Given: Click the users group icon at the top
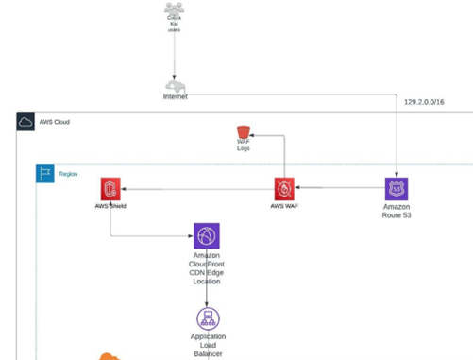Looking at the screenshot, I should point(174,10).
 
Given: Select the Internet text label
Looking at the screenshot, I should point(174,96).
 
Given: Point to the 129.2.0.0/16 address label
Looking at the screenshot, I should point(423,100).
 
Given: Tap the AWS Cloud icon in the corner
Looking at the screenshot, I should point(25,122).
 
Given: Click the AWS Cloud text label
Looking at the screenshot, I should point(54,122).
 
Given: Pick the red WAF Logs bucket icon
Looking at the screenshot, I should point(244,131).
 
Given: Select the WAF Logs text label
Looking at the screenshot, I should point(244,146).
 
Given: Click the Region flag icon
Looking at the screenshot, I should point(44,174).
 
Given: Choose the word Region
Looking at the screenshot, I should point(68,174).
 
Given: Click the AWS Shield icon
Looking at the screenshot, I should point(110,188).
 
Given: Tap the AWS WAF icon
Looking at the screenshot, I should point(285,188).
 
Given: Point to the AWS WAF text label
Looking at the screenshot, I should point(285,205).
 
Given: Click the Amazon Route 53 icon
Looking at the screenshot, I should point(397,188).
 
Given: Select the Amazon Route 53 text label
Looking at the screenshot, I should point(397,211).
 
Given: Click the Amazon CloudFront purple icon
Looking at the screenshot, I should point(207,236).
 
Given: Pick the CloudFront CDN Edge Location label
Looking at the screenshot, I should point(207,268).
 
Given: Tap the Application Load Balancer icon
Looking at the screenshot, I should point(207,318).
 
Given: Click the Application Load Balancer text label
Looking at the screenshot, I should point(207,344).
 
